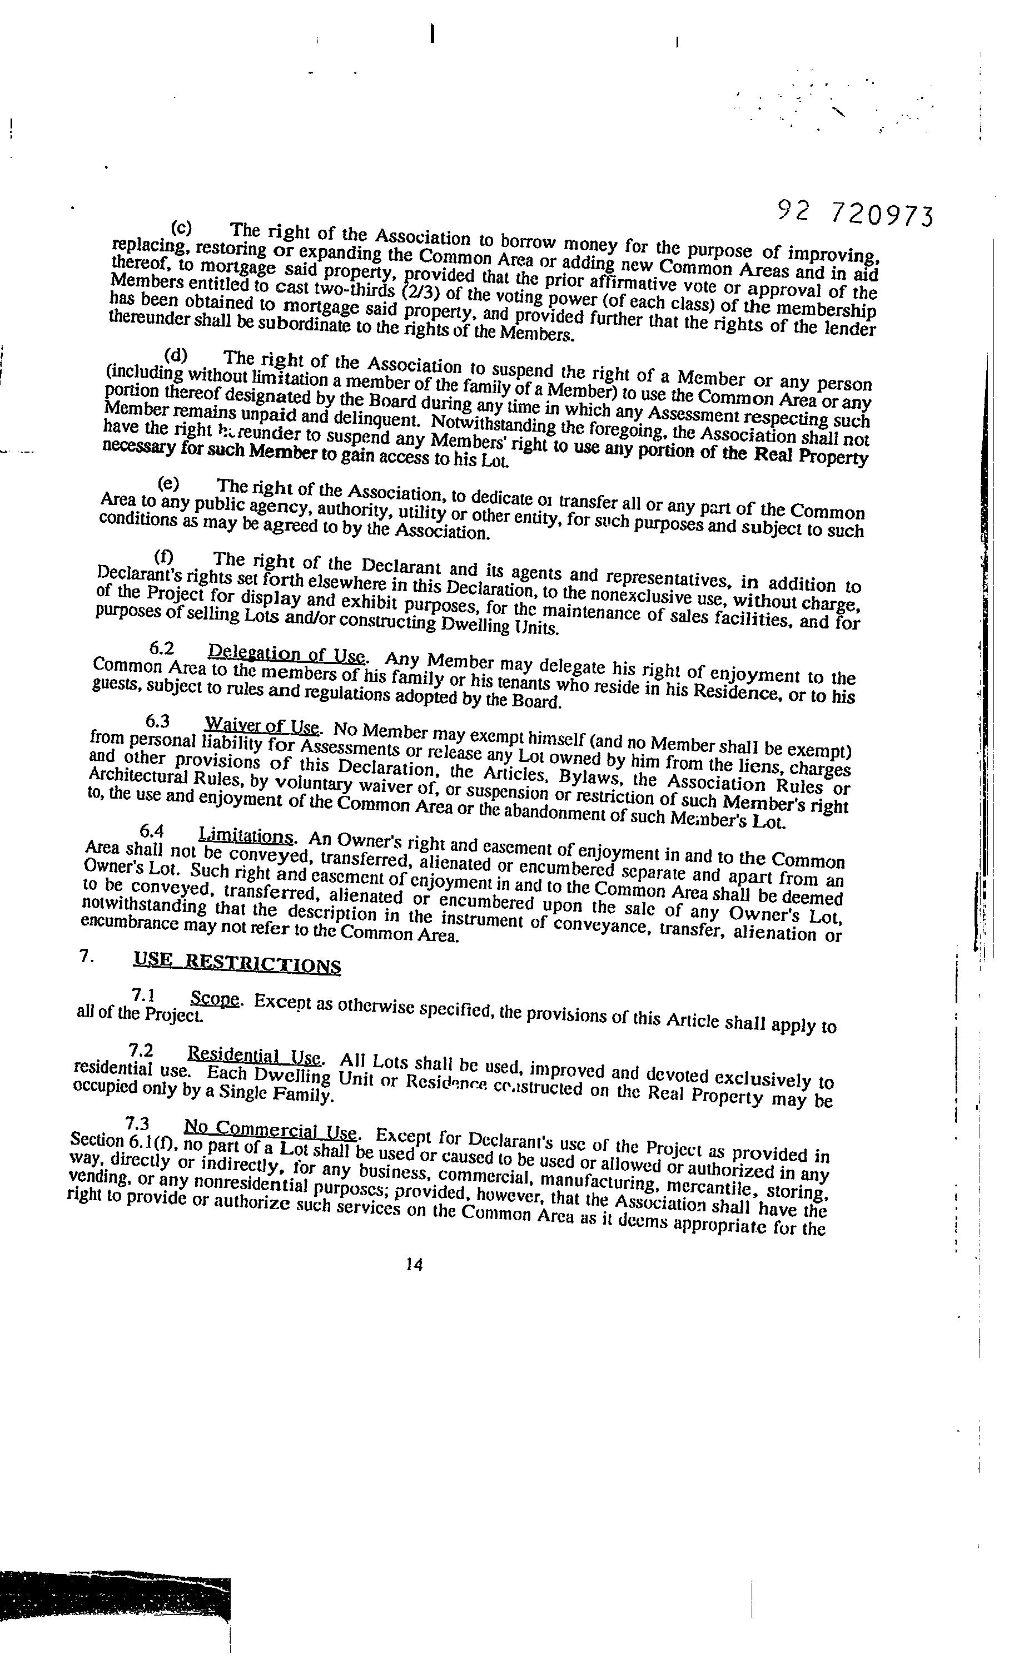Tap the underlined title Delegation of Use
coord(286,653)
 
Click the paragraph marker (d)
coord(176,355)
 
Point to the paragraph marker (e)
coord(168,483)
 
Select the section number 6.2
coord(161,648)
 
